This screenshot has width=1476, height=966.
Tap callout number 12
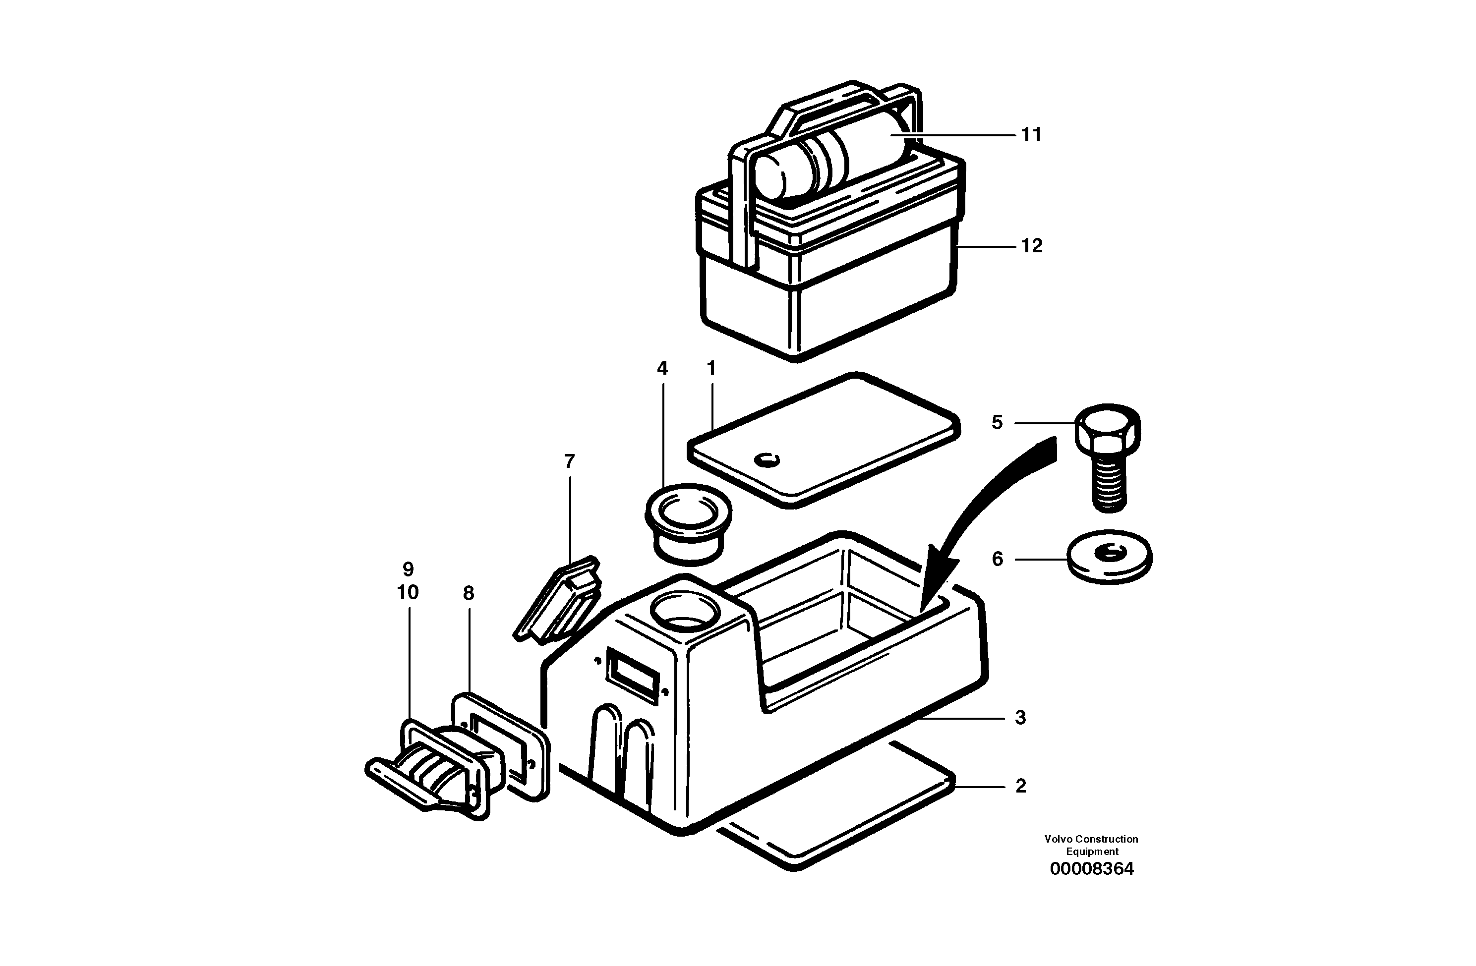click(x=1031, y=246)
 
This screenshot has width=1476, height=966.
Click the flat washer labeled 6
click(x=1110, y=556)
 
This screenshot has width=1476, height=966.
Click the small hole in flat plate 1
click(x=767, y=460)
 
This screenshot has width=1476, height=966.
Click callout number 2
click(x=1021, y=786)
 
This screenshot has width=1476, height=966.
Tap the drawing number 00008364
click(x=1091, y=869)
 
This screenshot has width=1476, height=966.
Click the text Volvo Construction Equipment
click(x=1091, y=845)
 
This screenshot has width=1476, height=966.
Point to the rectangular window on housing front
click(x=633, y=675)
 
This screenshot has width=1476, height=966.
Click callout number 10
click(x=408, y=593)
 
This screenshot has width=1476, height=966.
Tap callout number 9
click(x=408, y=569)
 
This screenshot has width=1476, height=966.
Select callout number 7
click(x=569, y=461)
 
